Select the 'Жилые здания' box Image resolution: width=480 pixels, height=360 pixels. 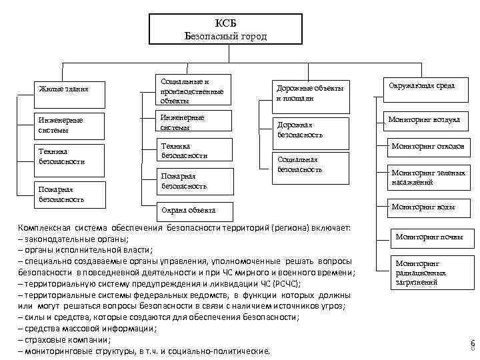click(x=70, y=89)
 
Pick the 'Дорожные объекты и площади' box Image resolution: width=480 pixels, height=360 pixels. click(x=310, y=93)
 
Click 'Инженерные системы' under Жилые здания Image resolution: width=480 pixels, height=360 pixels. click(x=70, y=125)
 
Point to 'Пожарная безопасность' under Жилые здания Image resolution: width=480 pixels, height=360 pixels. click(x=70, y=194)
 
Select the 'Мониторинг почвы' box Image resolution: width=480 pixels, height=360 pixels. click(x=427, y=237)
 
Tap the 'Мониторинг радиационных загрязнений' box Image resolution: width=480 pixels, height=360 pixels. click(x=427, y=273)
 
